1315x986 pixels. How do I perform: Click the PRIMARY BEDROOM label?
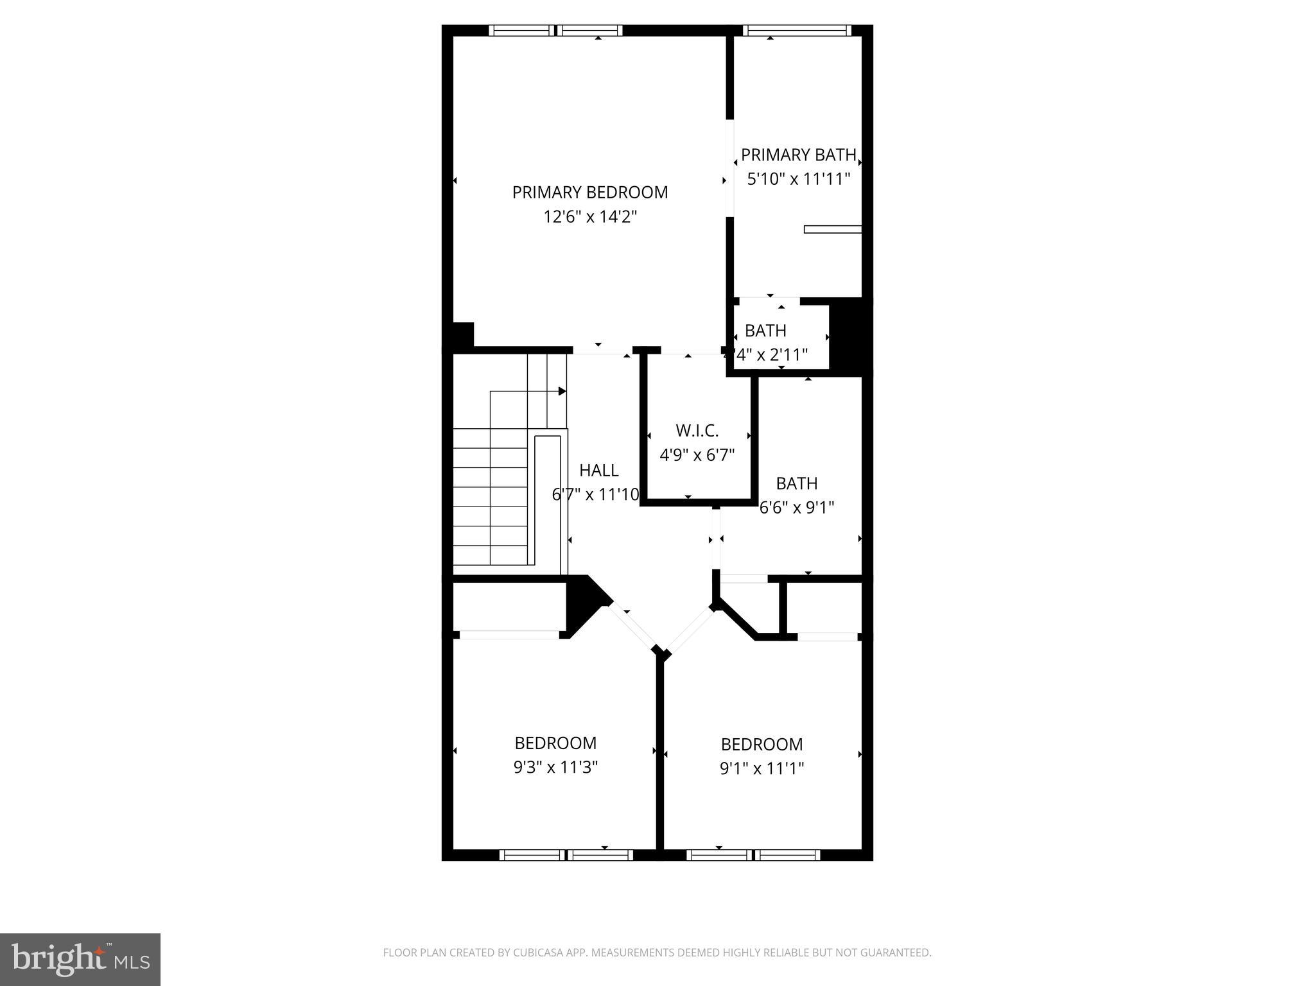[x=589, y=192]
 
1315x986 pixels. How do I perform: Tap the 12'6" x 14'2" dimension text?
[x=589, y=217]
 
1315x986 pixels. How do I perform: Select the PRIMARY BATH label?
[x=798, y=155]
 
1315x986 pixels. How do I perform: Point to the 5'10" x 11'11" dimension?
[x=798, y=178]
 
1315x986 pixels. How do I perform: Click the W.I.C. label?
[x=697, y=430]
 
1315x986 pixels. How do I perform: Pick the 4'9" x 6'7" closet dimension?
[x=697, y=455]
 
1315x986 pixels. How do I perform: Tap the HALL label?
[x=598, y=471]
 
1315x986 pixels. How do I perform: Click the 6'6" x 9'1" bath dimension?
[x=797, y=508]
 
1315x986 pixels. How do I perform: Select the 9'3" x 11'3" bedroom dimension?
[x=555, y=767]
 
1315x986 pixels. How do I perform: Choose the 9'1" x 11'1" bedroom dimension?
[x=762, y=768]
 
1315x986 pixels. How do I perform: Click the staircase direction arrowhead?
[x=562, y=391]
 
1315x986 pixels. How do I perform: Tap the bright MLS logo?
[x=80, y=959]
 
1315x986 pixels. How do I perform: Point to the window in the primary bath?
[x=797, y=30]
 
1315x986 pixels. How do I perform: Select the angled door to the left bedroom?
[x=632, y=627]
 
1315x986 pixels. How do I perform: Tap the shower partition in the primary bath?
[x=832, y=229]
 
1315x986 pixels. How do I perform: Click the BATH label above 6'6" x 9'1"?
[x=796, y=483]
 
